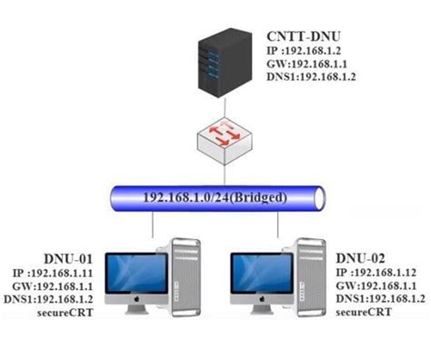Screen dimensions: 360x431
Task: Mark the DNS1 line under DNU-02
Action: point(380,298)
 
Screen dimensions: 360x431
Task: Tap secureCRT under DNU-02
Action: point(364,312)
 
